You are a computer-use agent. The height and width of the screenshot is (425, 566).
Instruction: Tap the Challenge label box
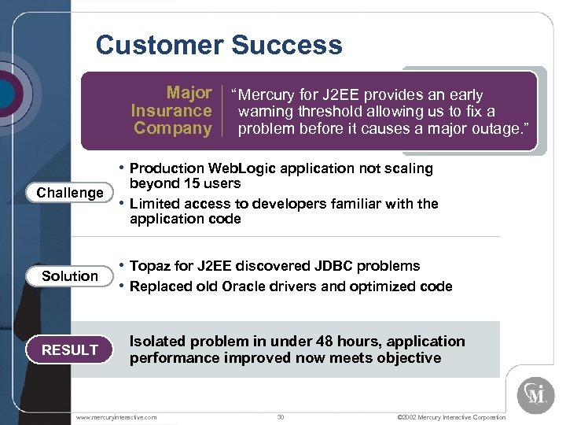point(70,193)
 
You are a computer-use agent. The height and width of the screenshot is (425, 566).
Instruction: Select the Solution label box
point(70,276)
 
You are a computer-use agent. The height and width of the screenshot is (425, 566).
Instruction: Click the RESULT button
point(70,350)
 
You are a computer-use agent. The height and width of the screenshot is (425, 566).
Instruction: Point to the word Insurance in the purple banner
point(171,111)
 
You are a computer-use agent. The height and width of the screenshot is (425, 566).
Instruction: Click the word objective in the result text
point(407,358)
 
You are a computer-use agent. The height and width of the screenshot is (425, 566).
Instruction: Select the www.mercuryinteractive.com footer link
point(116,416)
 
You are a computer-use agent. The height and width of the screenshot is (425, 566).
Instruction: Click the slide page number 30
point(281,416)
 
